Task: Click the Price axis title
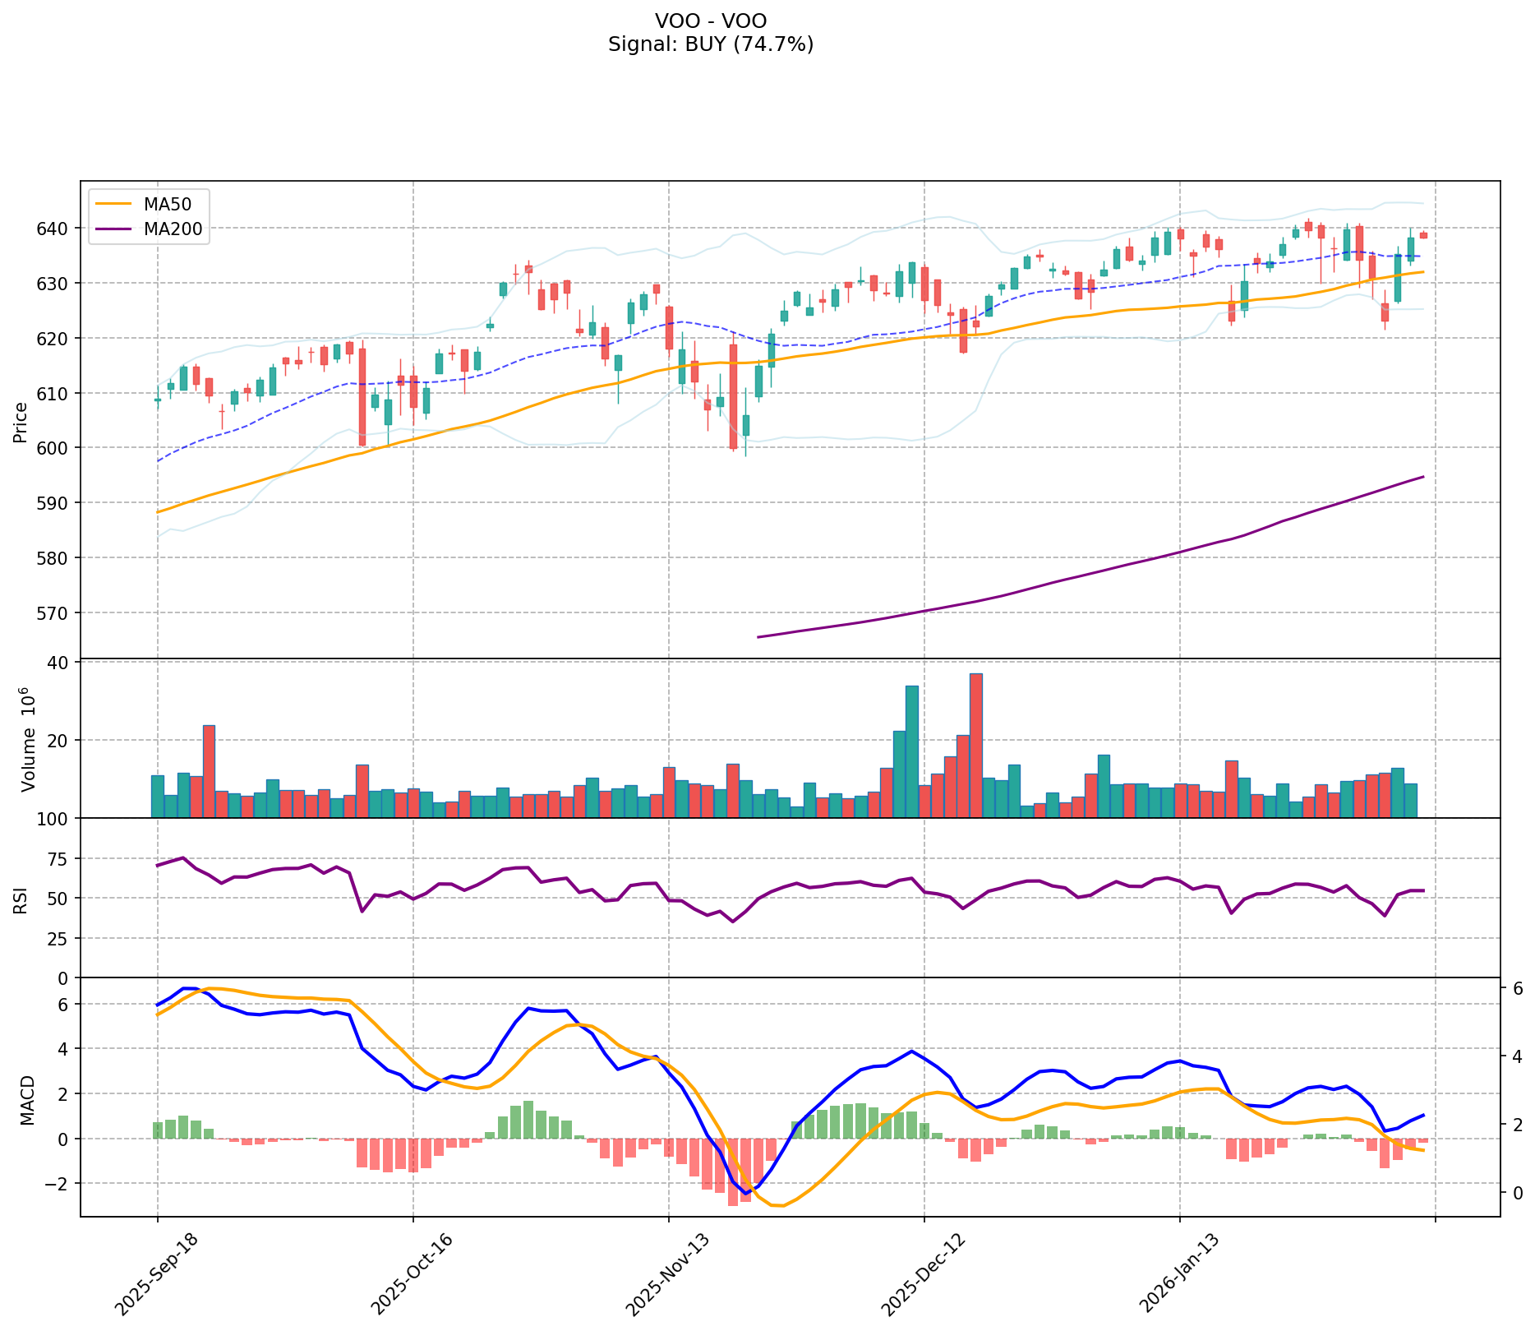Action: tap(20, 422)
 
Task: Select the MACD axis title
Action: tap(28, 1100)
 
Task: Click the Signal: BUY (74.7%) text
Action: tap(711, 44)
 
